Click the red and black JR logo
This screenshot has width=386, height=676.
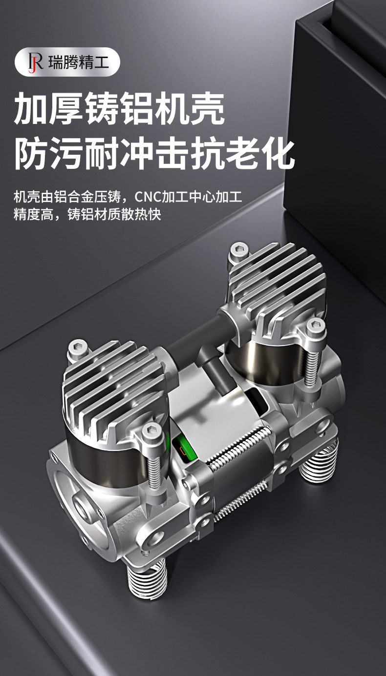tap(35, 62)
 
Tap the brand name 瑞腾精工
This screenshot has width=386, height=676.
tap(79, 62)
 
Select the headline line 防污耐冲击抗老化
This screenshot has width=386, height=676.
tap(154, 154)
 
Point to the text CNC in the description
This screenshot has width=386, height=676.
tap(148, 197)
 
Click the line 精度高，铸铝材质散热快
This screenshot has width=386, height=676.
tap(87, 214)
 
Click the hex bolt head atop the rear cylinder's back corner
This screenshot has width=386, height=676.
tap(239, 251)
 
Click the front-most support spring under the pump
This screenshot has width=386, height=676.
tap(147, 579)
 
